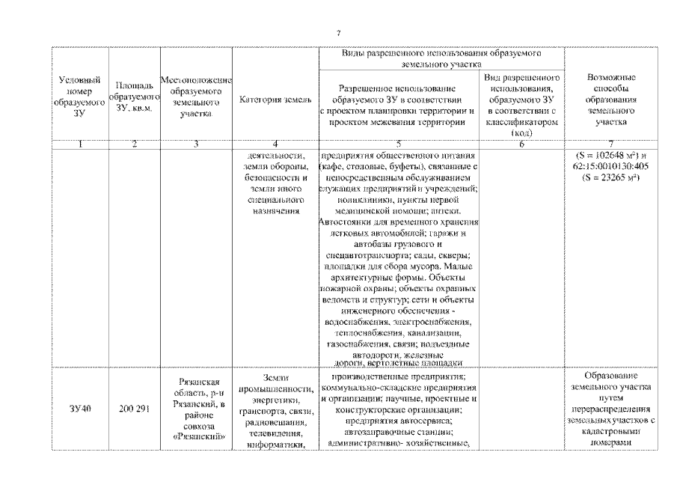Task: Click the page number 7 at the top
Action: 338,33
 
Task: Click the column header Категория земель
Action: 270,100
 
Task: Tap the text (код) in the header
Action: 521,132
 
